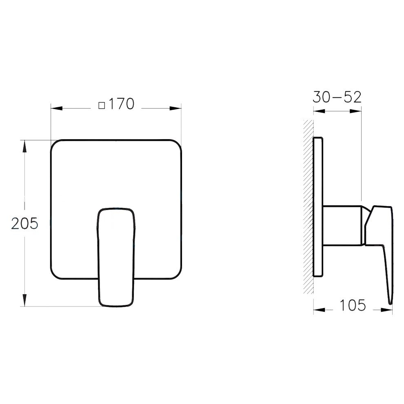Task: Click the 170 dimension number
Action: click(121, 104)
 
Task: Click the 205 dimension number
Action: click(24, 223)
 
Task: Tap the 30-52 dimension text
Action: click(337, 97)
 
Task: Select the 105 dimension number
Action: click(353, 305)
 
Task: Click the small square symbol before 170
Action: click(102, 105)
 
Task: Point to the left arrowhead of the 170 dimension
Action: click(57, 108)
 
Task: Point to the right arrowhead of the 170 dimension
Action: click(175, 108)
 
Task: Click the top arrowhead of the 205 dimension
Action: click(25, 146)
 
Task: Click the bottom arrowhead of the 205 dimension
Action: click(25, 300)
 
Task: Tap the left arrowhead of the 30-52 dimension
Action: click(319, 111)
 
